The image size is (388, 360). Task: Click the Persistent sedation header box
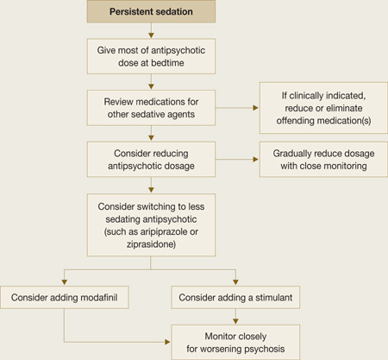tap(151, 11)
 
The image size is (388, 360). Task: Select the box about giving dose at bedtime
tap(151, 56)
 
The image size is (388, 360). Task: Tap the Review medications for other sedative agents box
tap(151, 108)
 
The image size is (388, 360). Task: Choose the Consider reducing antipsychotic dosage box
tap(151, 160)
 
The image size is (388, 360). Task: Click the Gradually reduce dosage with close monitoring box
tap(323, 160)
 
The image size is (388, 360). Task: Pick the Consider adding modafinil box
tap(65, 297)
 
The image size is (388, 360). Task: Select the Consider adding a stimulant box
tap(235, 297)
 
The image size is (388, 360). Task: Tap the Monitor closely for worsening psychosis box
tap(235, 343)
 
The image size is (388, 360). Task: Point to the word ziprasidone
tap(151, 244)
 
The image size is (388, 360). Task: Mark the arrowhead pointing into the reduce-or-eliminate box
tap(255, 108)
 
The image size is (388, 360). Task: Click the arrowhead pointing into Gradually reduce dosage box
tap(255, 160)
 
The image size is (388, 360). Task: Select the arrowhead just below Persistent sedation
tap(151, 35)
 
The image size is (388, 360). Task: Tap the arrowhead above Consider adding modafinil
tap(65, 282)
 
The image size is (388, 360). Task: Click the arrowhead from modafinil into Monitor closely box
tap(167, 342)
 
